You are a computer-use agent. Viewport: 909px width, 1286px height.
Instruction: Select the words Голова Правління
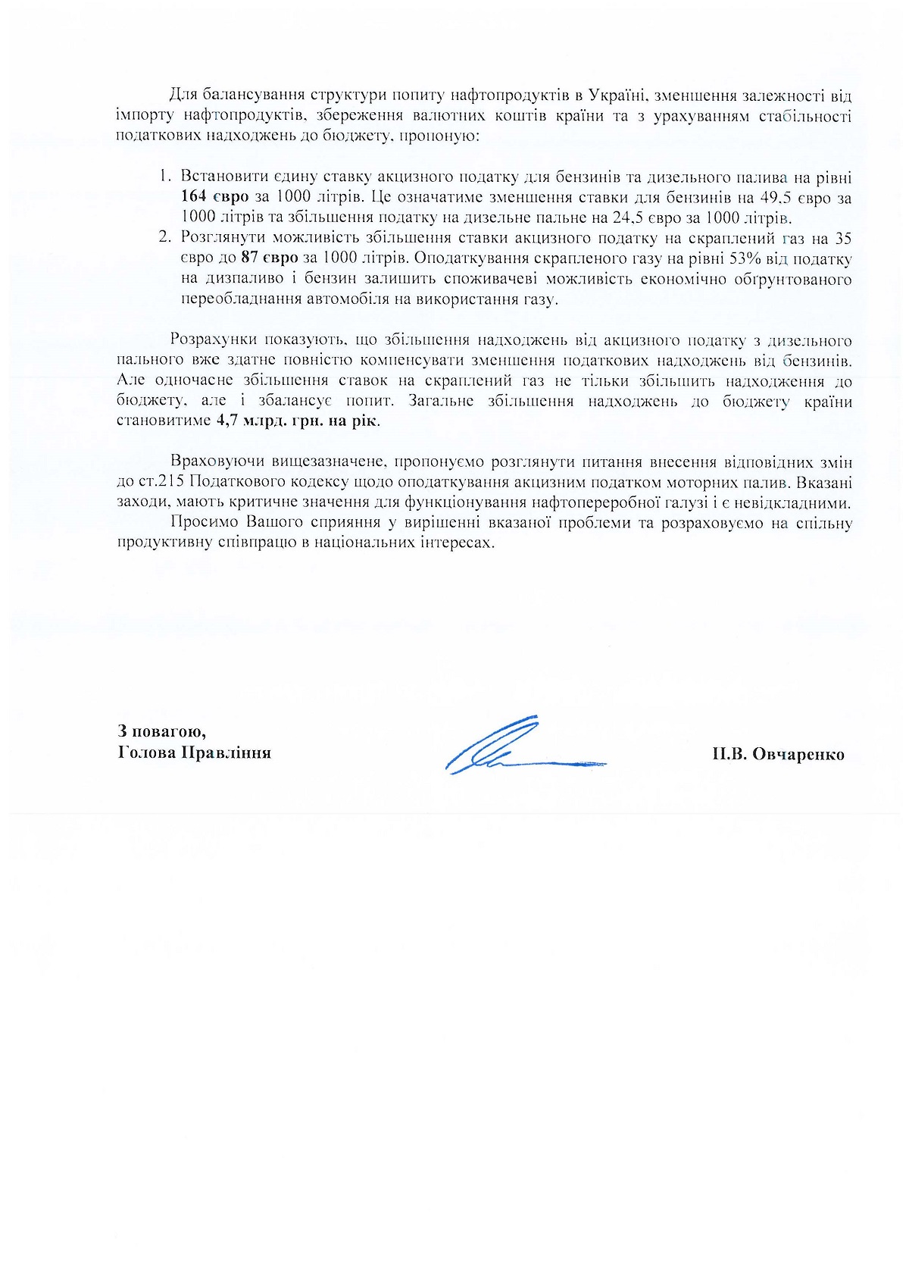click(x=195, y=753)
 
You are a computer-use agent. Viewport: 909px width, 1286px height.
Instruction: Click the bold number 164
click(x=195, y=199)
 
